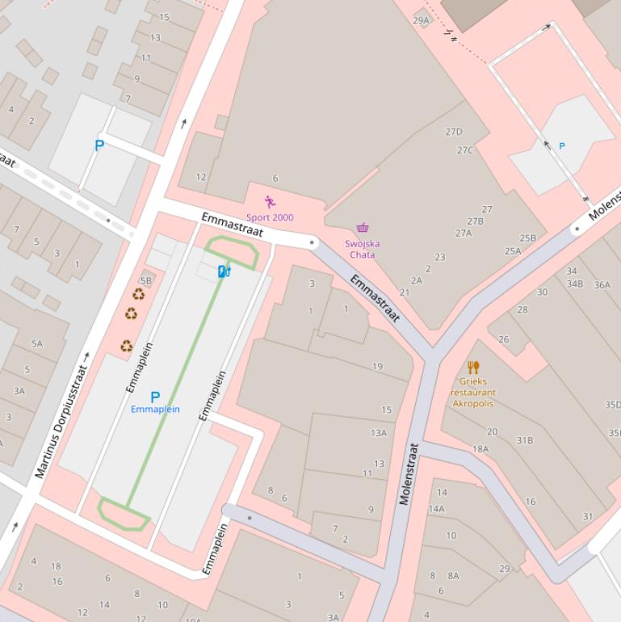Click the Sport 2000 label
(270, 217)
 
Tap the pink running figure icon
(270, 202)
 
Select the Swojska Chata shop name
(363, 249)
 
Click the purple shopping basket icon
(363, 229)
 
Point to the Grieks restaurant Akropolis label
(473, 392)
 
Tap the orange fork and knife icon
(473, 368)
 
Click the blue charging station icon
(224, 271)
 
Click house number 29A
(422, 20)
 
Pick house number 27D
(454, 132)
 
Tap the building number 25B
(527, 238)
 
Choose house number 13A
(379, 433)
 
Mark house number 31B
(525, 440)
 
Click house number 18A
(480, 449)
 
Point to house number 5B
(145, 280)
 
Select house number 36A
(602, 284)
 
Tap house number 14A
(436, 509)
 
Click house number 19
(377, 367)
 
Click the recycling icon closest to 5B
(138, 295)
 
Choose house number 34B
(574, 284)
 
